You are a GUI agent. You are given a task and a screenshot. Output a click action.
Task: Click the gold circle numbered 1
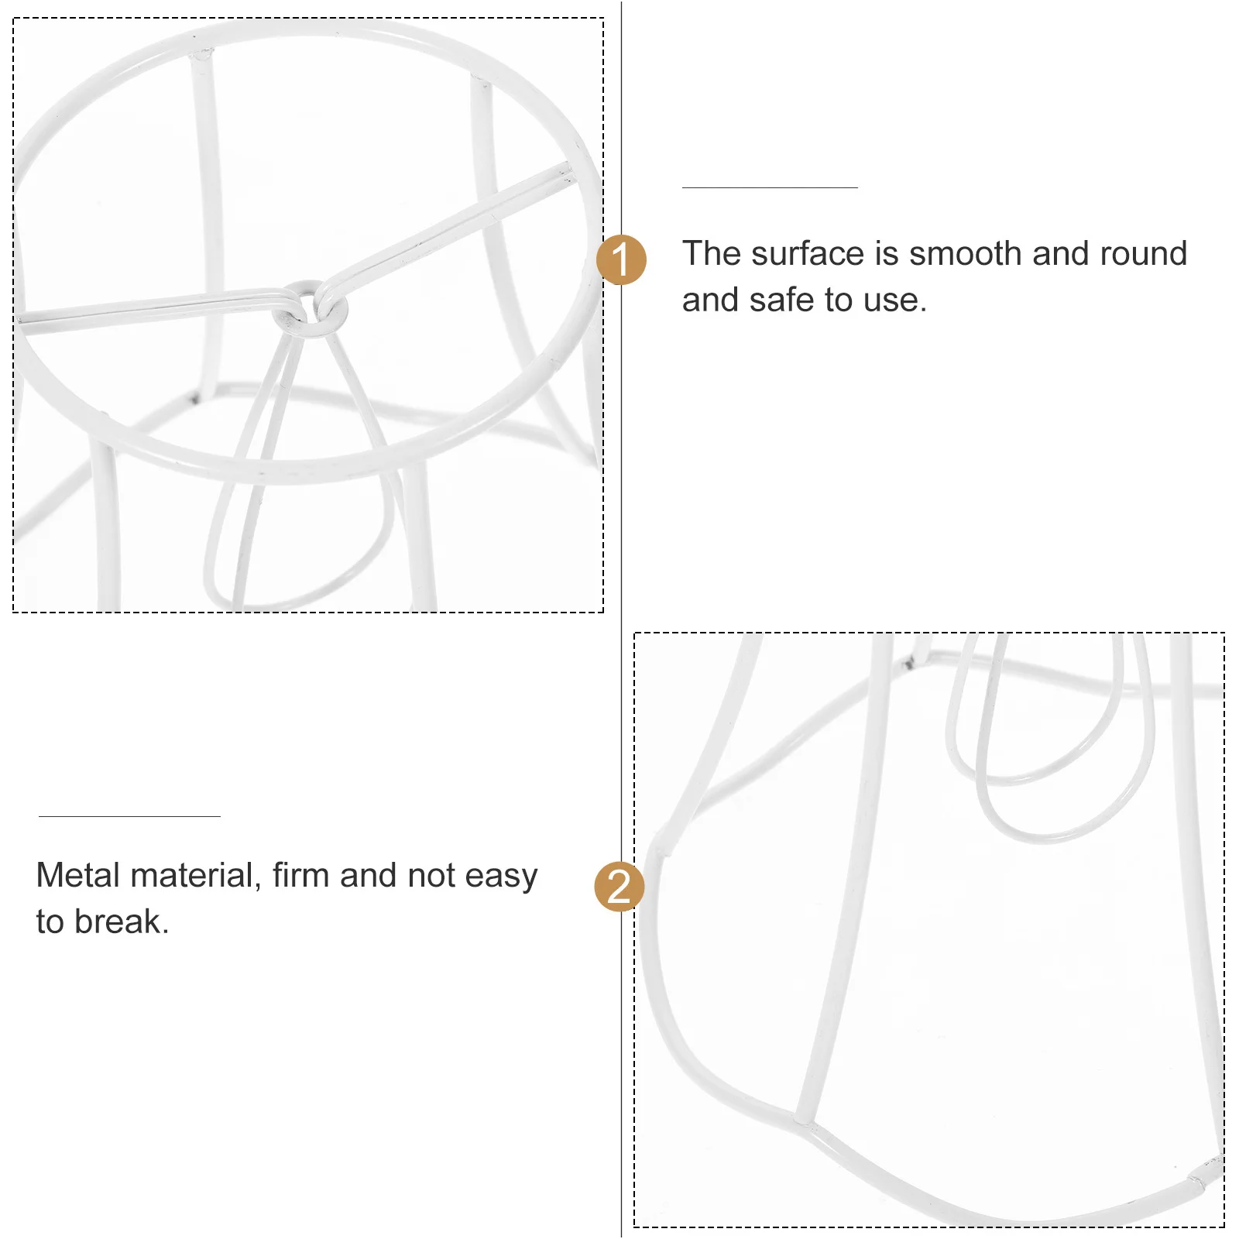pos(621,259)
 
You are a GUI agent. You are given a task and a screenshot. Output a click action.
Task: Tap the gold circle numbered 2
pos(619,886)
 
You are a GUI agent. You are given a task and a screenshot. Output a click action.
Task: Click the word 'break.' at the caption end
pos(122,922)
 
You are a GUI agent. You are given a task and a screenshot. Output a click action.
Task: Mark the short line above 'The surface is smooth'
pos(769,187)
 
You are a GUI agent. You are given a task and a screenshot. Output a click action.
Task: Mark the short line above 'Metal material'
pos(129,816)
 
